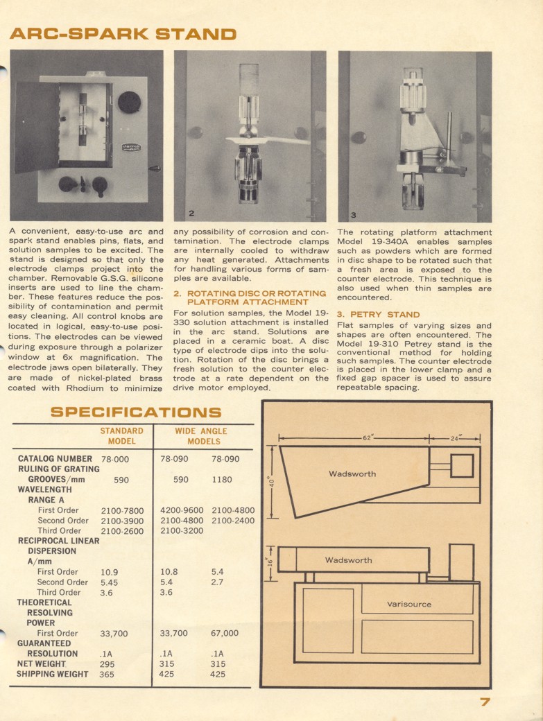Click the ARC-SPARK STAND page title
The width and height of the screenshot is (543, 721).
pyautogui.click(x=122, y=33)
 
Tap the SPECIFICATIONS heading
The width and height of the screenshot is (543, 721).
pyautogui.click(x=136, y=412)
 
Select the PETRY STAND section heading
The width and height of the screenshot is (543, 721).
pyautogui.click(x=378, y=314)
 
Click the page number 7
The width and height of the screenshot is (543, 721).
pyautogui.click(x=485, y=702)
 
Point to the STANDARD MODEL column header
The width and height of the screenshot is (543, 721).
pyautogui.click(x=121, y=435)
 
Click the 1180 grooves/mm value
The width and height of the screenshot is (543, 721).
pyautogui.click(x=222, y=479)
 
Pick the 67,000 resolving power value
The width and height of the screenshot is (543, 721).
pyautogui.click(x=224, y=633)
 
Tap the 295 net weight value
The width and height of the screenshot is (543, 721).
pyautogui.click(x=107, y=664)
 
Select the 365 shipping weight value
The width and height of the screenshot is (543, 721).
pyautogui.click(x=107, y=675)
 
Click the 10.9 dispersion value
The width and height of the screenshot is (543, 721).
pyautogui.click(x=109, y=573)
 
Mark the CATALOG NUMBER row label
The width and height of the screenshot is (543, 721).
pyautogui.click(x=55, y=459)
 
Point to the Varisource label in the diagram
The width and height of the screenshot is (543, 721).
pyautogui.click(x=408, y=604)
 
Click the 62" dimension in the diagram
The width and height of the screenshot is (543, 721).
pyautogui.click(x=368, y=438)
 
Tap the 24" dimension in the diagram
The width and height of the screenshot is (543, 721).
pyautogui.click(x=456, y=438)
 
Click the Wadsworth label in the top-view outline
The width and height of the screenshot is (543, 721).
pyautogui.click(x=352, y=474)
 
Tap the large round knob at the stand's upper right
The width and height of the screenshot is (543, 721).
pyautogui.click(x=129, y=103)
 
